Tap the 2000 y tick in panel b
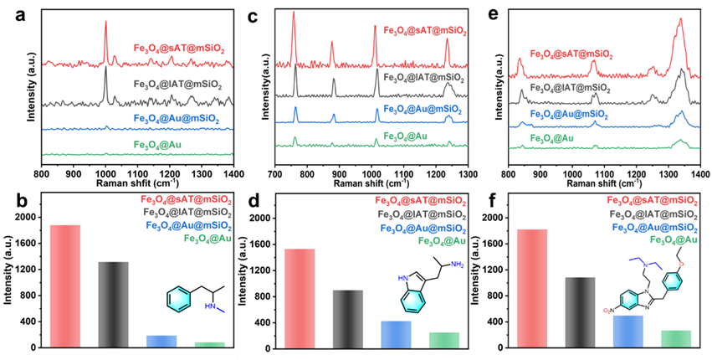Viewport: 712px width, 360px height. pyautogui.click(x=28, y=218)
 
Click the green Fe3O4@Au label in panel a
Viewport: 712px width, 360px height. pyautogui.click(x=160, y=145)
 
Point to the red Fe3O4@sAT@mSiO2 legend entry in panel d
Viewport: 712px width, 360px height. pyautogui.click(x=421, y=200)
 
